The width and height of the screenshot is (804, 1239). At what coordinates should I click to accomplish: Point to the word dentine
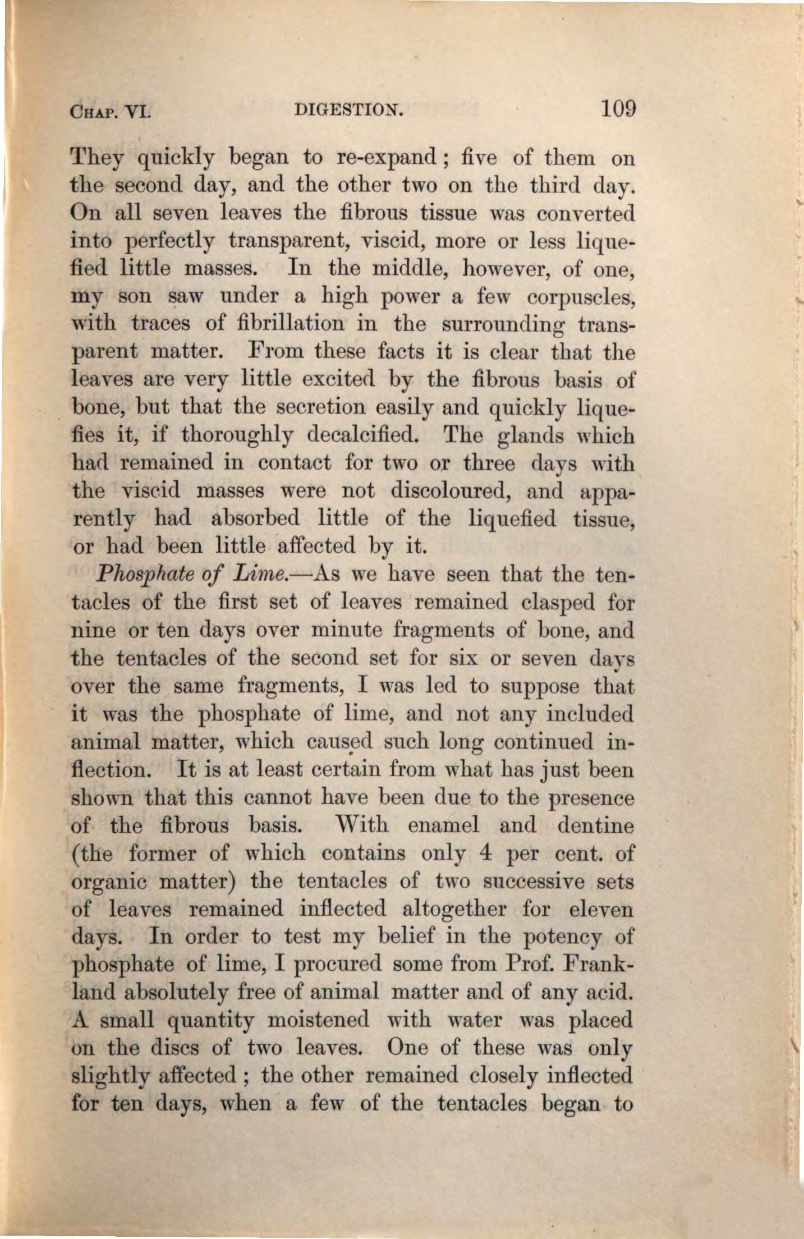[x=596, y=825]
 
